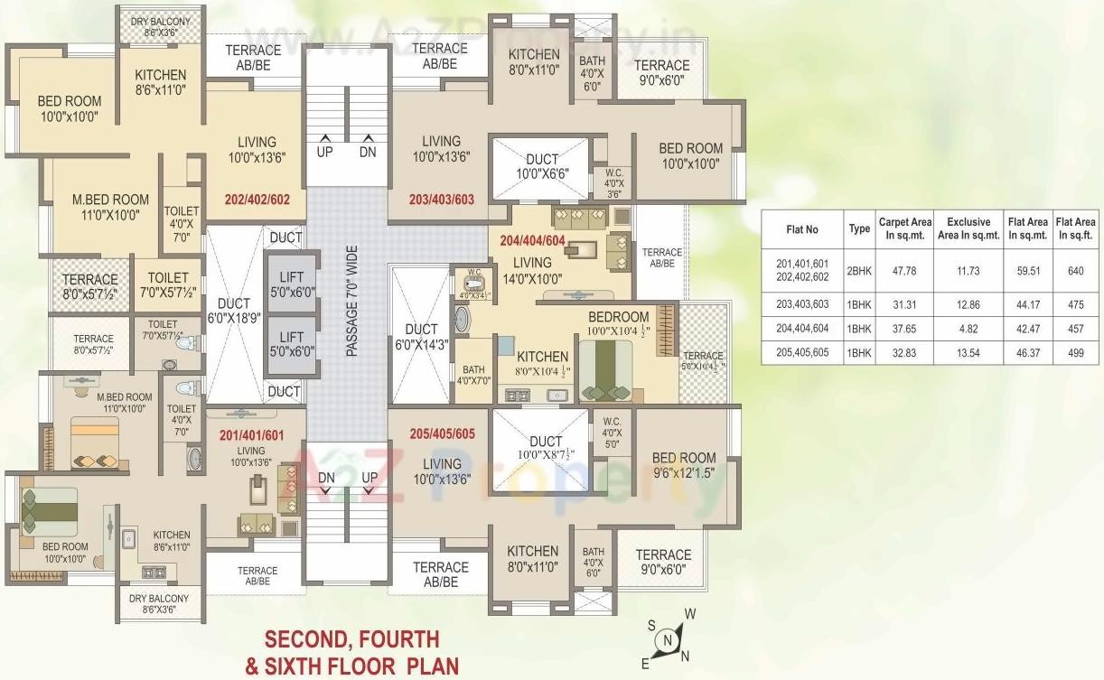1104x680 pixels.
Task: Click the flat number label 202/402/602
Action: [257, 200]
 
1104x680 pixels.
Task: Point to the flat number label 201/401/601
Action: [251, 435]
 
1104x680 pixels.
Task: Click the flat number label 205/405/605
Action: [442, 433]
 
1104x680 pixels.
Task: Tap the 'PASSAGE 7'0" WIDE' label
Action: [351, 301]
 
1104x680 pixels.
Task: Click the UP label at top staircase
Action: [324, 152]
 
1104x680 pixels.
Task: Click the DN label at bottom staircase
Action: [326, 477]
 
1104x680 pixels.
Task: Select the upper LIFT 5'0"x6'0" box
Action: [291, 284]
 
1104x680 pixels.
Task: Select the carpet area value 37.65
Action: [904, 329]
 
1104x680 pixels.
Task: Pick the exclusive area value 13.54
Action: [968, 353]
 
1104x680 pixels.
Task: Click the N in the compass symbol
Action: [668, 640]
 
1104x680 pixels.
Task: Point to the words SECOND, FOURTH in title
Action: [351, 639]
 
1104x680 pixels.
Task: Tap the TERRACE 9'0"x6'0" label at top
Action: [661, 72]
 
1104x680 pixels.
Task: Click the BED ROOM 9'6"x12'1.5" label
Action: [684, 464]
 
